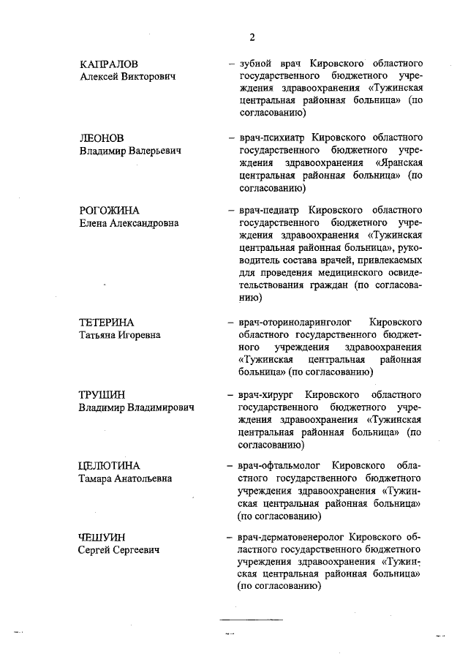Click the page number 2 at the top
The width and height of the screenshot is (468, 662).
click(252, 38)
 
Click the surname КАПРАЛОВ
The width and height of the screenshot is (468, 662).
click(109, 65)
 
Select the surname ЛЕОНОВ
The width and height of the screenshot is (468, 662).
click(102, 138)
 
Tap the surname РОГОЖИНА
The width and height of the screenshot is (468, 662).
click(109, 210)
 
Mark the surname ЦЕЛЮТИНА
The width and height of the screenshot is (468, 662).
click(109, 466)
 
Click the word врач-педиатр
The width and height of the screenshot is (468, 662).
click(267, 210)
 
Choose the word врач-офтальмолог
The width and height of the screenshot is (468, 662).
click(278, 466)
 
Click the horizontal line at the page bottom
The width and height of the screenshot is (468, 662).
click(252, 619)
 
